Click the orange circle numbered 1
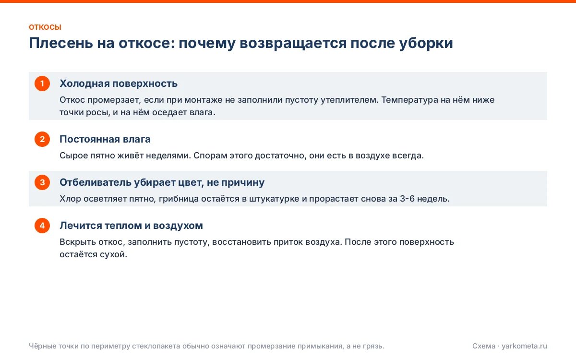click(42, 84)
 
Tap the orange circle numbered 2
click(42, 139)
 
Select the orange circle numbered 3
click(42, 182)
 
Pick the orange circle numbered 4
click(42, 226)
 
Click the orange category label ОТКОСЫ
click(45, 27)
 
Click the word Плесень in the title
click(60, 43)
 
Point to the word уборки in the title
click(426, 43)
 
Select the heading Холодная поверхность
click(119, 84)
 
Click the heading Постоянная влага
click(105, 139)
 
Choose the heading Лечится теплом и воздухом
click(131, 226)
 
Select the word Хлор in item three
click(70, 199)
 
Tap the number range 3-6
click(408, 199)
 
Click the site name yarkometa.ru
click(524, 347)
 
